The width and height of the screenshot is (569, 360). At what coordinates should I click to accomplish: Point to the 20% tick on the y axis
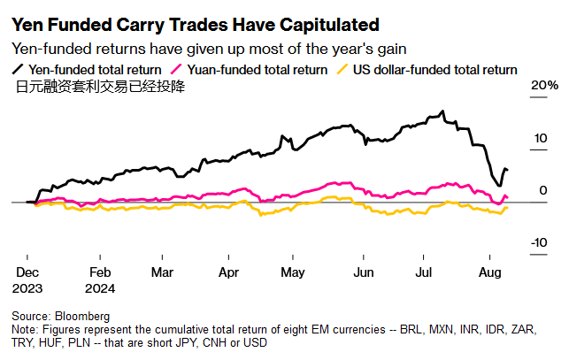[544, 86]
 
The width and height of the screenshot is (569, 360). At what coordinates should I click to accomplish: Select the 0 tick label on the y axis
[544, 191]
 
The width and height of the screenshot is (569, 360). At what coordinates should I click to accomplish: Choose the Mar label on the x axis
[161, 273]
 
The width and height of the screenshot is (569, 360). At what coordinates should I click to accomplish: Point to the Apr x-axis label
[228, 273]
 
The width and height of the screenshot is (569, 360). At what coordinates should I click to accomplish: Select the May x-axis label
[292, 273]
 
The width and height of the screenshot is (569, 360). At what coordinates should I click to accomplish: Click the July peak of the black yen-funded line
[441, 111]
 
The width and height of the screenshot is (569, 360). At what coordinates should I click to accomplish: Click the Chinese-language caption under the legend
[102, 87]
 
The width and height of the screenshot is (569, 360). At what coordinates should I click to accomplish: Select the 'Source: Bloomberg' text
[60, 316]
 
